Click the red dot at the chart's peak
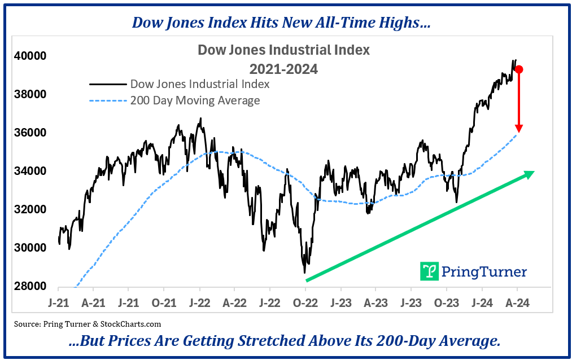[518, 69]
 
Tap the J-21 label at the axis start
[58, 302]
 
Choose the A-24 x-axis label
[516, 302]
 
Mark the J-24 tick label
[481, 302]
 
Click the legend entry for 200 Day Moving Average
[195, 100]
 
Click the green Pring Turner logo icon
[430, 271]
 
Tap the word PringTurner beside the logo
[484, 272]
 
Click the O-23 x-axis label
[446, 302]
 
